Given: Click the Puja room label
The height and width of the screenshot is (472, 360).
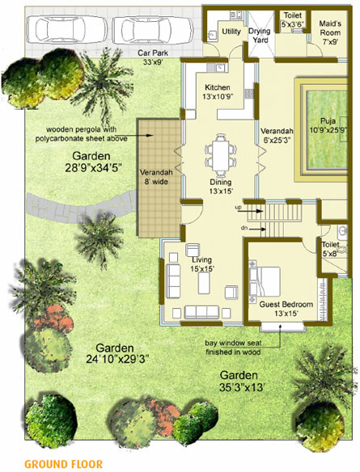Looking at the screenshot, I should pos(330,125).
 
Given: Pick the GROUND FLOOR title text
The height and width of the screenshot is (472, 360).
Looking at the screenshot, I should pos(63,464).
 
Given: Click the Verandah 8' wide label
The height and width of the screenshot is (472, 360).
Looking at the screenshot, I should pos(157,177).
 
